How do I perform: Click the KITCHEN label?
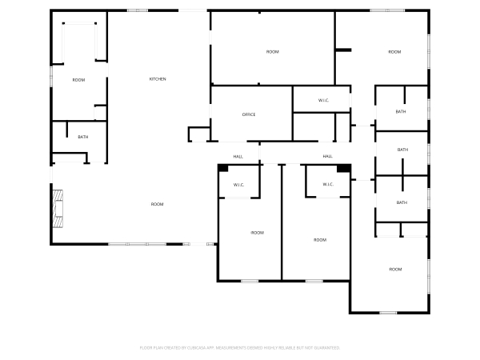pos(158,79)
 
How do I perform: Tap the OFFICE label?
pos(249,115)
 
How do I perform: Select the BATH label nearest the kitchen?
pos(83,138)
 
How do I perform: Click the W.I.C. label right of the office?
pos(323,100)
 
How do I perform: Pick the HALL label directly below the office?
pos(238,156)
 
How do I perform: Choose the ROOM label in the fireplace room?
pos(158,205)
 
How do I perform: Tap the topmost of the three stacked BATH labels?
pos(401,111)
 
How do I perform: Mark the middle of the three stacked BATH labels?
pos(402,150)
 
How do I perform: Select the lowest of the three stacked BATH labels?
pos(402,202)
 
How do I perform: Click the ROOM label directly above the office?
pos(272,52)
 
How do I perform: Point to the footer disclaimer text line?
pos(240,348)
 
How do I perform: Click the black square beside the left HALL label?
pos(223,168)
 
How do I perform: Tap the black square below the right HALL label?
pos(342,168)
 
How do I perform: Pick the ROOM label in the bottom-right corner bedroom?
pos(395,270)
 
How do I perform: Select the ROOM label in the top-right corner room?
pos(394,52)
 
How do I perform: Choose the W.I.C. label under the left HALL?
pos(238,186)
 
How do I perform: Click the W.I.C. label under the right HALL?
pos(328,185)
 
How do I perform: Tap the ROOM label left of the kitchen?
pos(78,80)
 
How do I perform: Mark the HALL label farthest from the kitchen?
pos(327,156)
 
